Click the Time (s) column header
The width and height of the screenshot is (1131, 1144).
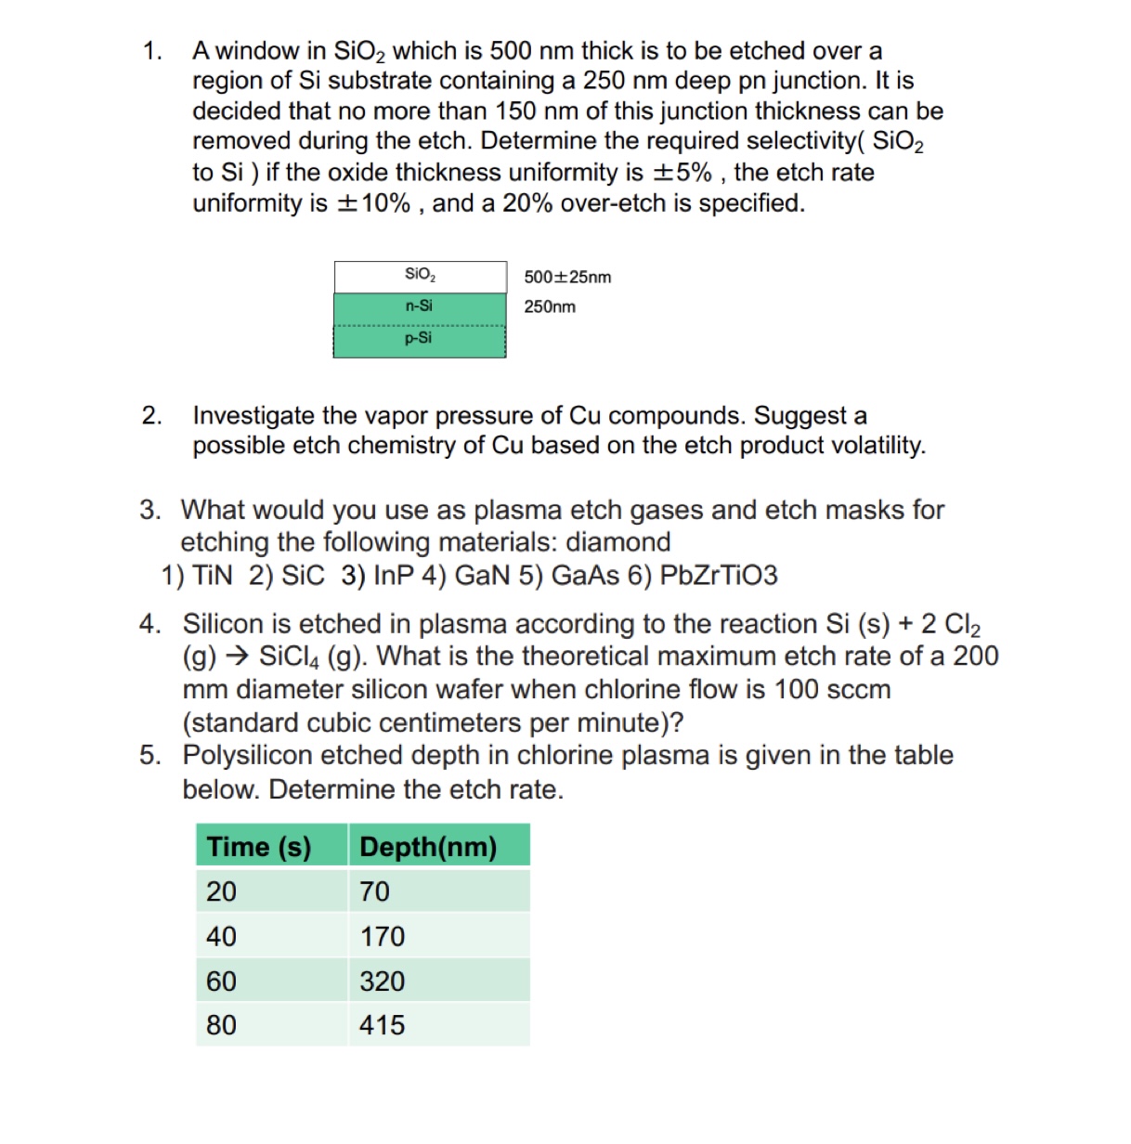pyautogui.click(x=259, y=847)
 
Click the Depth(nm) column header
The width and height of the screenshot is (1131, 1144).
pyautogui.click(x=428, y=847)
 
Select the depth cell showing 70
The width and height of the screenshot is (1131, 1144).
pyautogui.click(x=375, y=891)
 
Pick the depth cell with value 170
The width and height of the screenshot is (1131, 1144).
pyautogui.click(x=383, y=936)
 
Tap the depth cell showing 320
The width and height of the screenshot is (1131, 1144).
pyautogui.click(x=383, y=981)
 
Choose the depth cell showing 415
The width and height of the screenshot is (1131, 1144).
pyautogui.click(x=383, y=1025)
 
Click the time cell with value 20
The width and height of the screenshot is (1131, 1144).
pyautogui.click(x=222, y=891)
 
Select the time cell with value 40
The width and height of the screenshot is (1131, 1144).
pyautogui.click(x=222, y=936)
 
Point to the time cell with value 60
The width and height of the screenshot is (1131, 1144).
pyautogui.click(x=222, y=981)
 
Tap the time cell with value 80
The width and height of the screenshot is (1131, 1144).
pyautogui.click(x=222, y=1025)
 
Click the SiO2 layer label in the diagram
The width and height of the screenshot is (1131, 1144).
pyautogui.click(x=420, y=275)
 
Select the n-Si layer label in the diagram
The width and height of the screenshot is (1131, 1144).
pyautogui.click(x=419, y=305)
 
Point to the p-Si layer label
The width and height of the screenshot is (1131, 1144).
pyautogui.click(x=419, y=338)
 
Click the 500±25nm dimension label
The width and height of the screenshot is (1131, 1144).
pyautogui.click(x=567, y=278)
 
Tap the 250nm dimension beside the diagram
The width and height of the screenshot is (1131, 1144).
pyautogui.click(x=550, y=306)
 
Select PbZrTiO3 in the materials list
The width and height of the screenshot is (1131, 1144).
pyautogui.click(x=718, y=576)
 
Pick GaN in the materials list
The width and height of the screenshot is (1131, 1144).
pyautogui.click(x=482, y=576)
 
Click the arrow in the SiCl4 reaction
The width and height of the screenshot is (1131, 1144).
pyautogui.click(x=238, y=656)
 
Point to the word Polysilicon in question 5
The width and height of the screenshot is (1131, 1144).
pyautogui.click(x=250, y=756)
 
